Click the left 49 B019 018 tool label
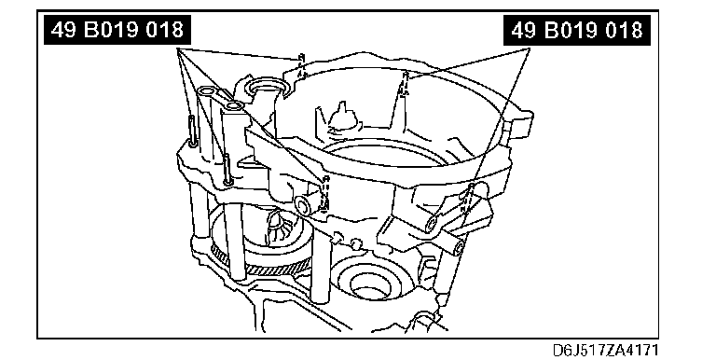point(117,30)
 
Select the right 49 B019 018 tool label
point(577,31)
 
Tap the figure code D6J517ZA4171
point(605,351)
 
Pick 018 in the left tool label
point(170,30)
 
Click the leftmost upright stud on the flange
point(192,132)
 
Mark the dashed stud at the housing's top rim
point(301,66)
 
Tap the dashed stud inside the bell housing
point(404,83)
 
